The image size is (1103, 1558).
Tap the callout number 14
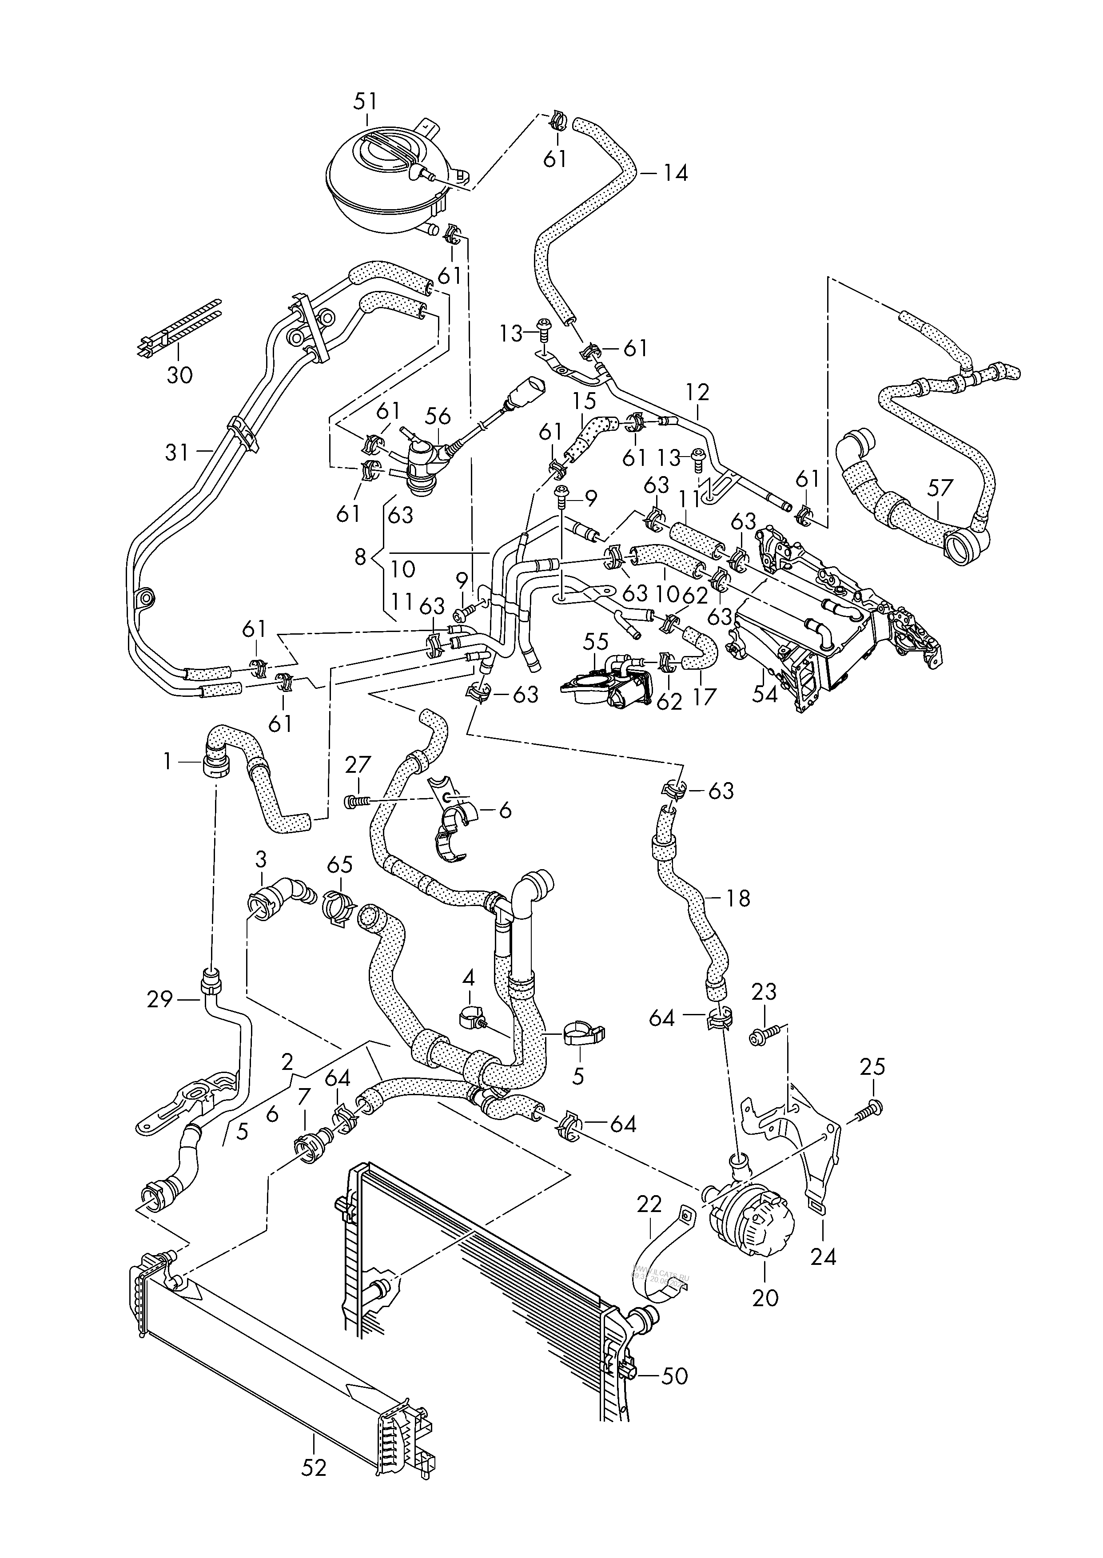(x=675, y=173)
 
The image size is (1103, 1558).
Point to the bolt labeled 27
(x=354, y=802)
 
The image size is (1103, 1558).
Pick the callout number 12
(x=697, y=392)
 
